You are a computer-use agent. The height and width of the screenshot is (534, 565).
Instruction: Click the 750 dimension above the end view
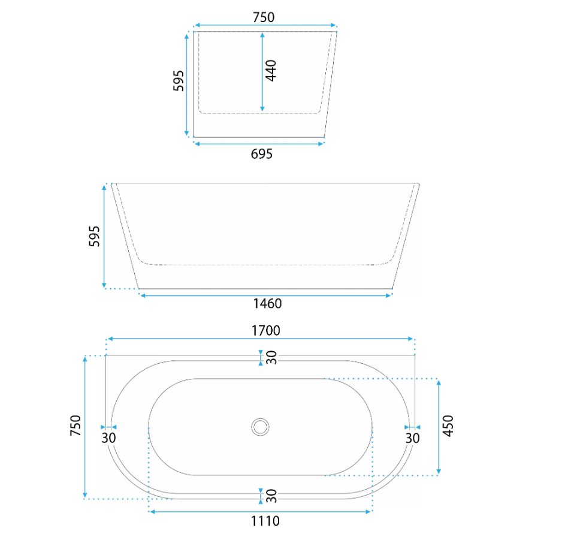(264, 17)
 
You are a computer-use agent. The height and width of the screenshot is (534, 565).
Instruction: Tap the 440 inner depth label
(271, 71)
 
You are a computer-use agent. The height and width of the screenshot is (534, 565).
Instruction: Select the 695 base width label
(262, 154)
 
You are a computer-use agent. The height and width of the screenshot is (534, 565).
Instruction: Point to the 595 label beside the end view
(179, 81)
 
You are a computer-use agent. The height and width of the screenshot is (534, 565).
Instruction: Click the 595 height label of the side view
(94, 236)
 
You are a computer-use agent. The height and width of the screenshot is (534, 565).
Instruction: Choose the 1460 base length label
(267, 304)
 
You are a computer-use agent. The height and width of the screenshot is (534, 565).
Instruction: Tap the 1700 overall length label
(265, 330)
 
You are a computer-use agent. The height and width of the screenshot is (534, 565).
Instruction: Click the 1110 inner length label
(265, 521)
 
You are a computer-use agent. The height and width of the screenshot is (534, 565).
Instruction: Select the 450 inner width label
(448, 426)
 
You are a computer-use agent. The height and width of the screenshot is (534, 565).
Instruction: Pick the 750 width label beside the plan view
(75, 426)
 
